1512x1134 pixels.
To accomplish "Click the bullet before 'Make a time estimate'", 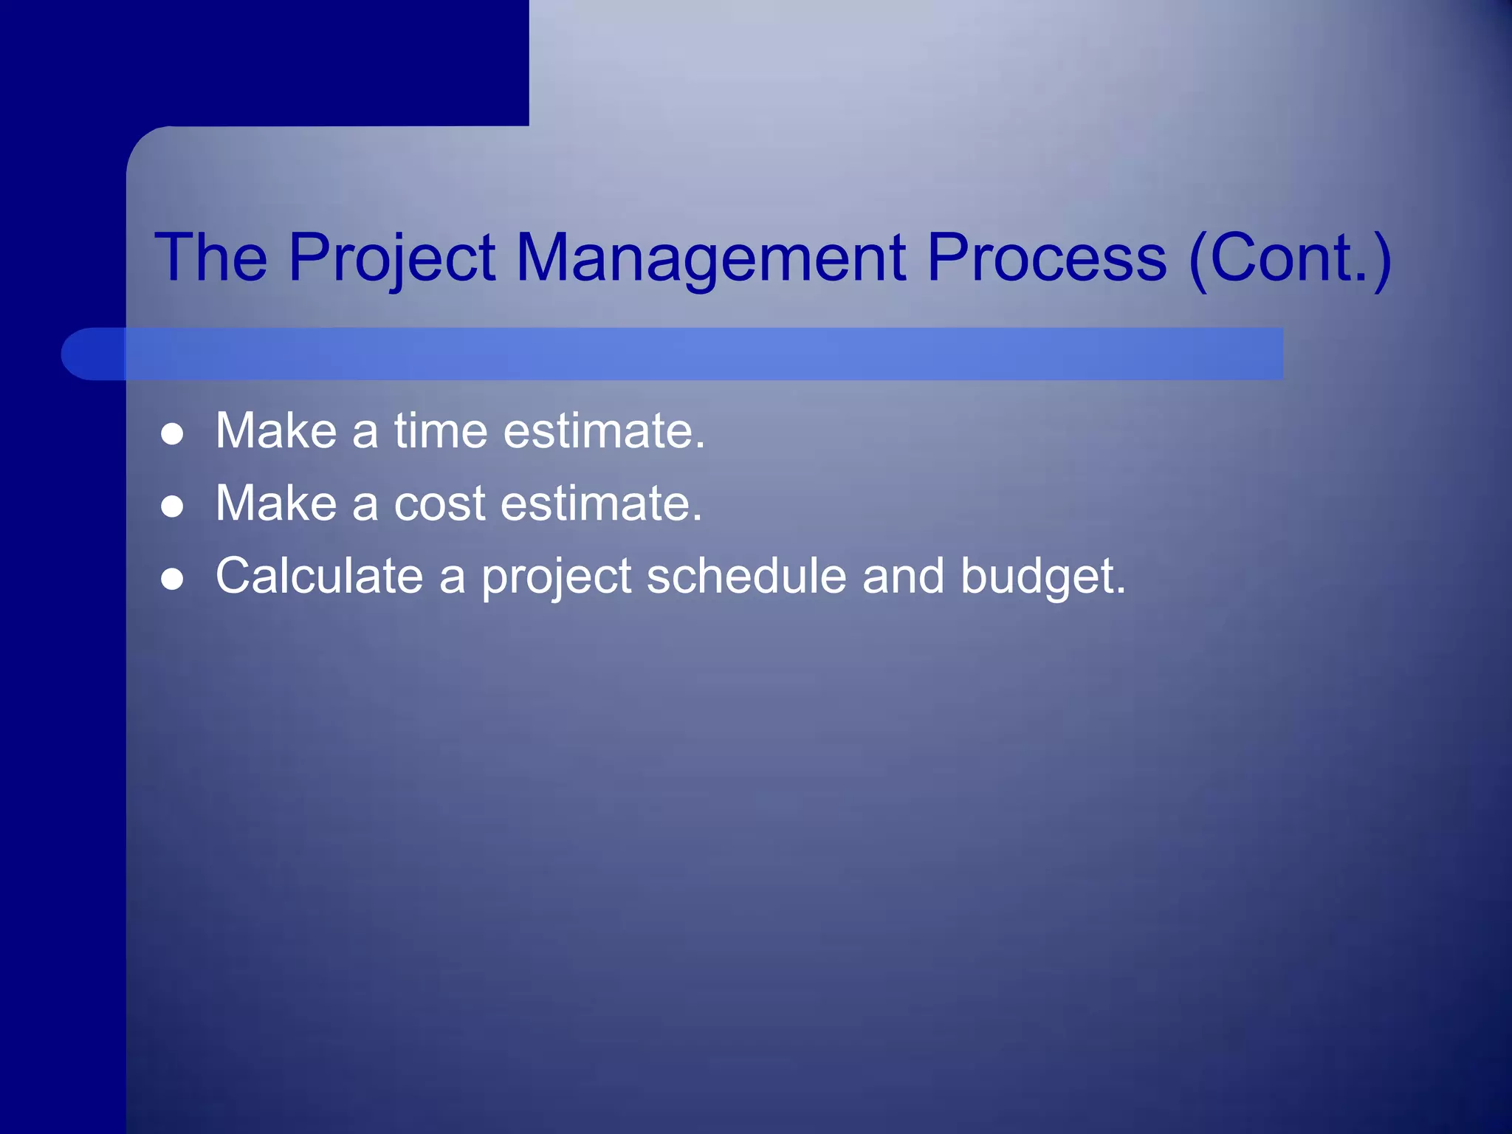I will click(172, 433).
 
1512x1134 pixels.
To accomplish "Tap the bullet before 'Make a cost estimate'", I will click(172, 506).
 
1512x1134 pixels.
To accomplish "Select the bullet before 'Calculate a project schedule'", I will click(172, 579).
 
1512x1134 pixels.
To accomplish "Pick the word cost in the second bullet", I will click(439, 504).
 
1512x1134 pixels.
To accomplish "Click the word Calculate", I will click(319, 576).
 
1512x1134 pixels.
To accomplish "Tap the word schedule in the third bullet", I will click(746, 576).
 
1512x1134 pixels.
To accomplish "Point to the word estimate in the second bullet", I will click(601, 504).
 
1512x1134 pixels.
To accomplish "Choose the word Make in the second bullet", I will click(276, 504).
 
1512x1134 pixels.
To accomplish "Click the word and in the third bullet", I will click(903, 576).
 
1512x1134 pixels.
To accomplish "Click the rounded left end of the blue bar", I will click(81, 354).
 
